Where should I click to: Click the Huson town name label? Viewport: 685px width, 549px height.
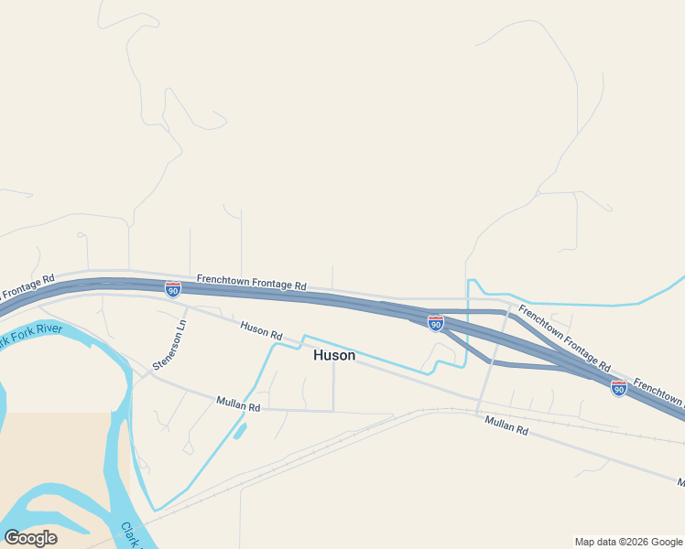[x=333, y=355]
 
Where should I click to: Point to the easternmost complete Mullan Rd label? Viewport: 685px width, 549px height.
[x=506, y=425]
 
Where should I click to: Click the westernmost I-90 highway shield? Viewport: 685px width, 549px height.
[x=173, y=289]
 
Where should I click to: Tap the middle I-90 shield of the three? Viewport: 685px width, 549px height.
[x=436, y=323]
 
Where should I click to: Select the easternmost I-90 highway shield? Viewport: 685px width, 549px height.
[x=619, y=388]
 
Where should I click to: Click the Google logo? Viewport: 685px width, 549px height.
[x=30, y=537]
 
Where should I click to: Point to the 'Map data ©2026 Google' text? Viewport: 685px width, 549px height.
[x=628, y=542]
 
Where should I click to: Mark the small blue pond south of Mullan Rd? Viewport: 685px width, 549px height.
[x=240, y=430]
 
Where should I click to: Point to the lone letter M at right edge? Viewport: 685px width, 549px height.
[x=680, y=482]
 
